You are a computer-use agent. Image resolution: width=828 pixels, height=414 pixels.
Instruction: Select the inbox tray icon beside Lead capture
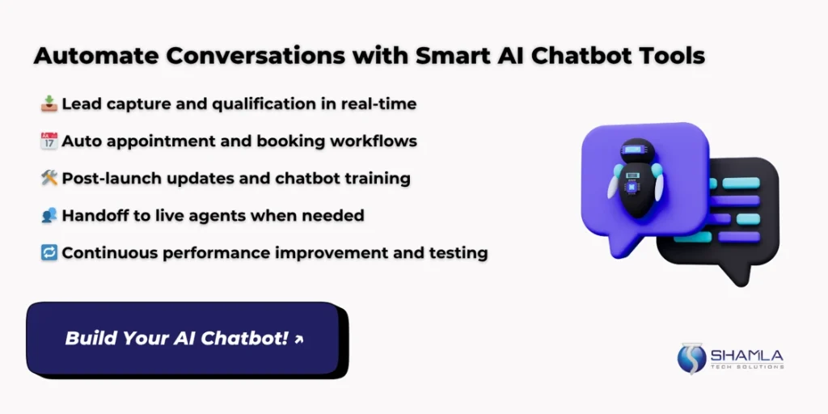coord(49,103)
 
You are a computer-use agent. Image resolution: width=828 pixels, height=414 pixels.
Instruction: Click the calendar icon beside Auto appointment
coord(49,141)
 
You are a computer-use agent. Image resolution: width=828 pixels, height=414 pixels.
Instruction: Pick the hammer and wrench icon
coord(49,179)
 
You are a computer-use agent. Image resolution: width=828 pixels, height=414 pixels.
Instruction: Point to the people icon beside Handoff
coord(49,215)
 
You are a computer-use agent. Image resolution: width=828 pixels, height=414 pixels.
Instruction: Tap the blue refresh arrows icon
coord(49,253)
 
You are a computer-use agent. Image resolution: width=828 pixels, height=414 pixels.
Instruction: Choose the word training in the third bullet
coord(378,179)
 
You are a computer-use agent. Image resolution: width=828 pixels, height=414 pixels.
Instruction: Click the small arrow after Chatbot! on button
coord(299,340)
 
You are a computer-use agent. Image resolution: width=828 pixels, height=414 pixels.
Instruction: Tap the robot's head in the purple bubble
coord(637,150)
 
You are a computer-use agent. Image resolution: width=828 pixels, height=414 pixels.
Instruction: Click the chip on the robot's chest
coord(632,185)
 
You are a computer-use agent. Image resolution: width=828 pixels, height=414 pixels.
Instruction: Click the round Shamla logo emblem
coord(691,358)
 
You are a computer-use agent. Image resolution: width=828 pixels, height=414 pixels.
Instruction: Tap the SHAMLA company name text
coord(746,355)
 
